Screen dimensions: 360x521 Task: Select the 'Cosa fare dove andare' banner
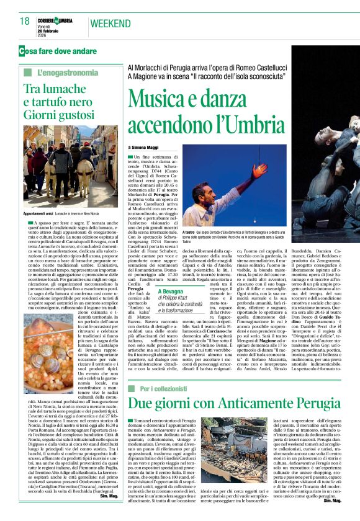(58, 50)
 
